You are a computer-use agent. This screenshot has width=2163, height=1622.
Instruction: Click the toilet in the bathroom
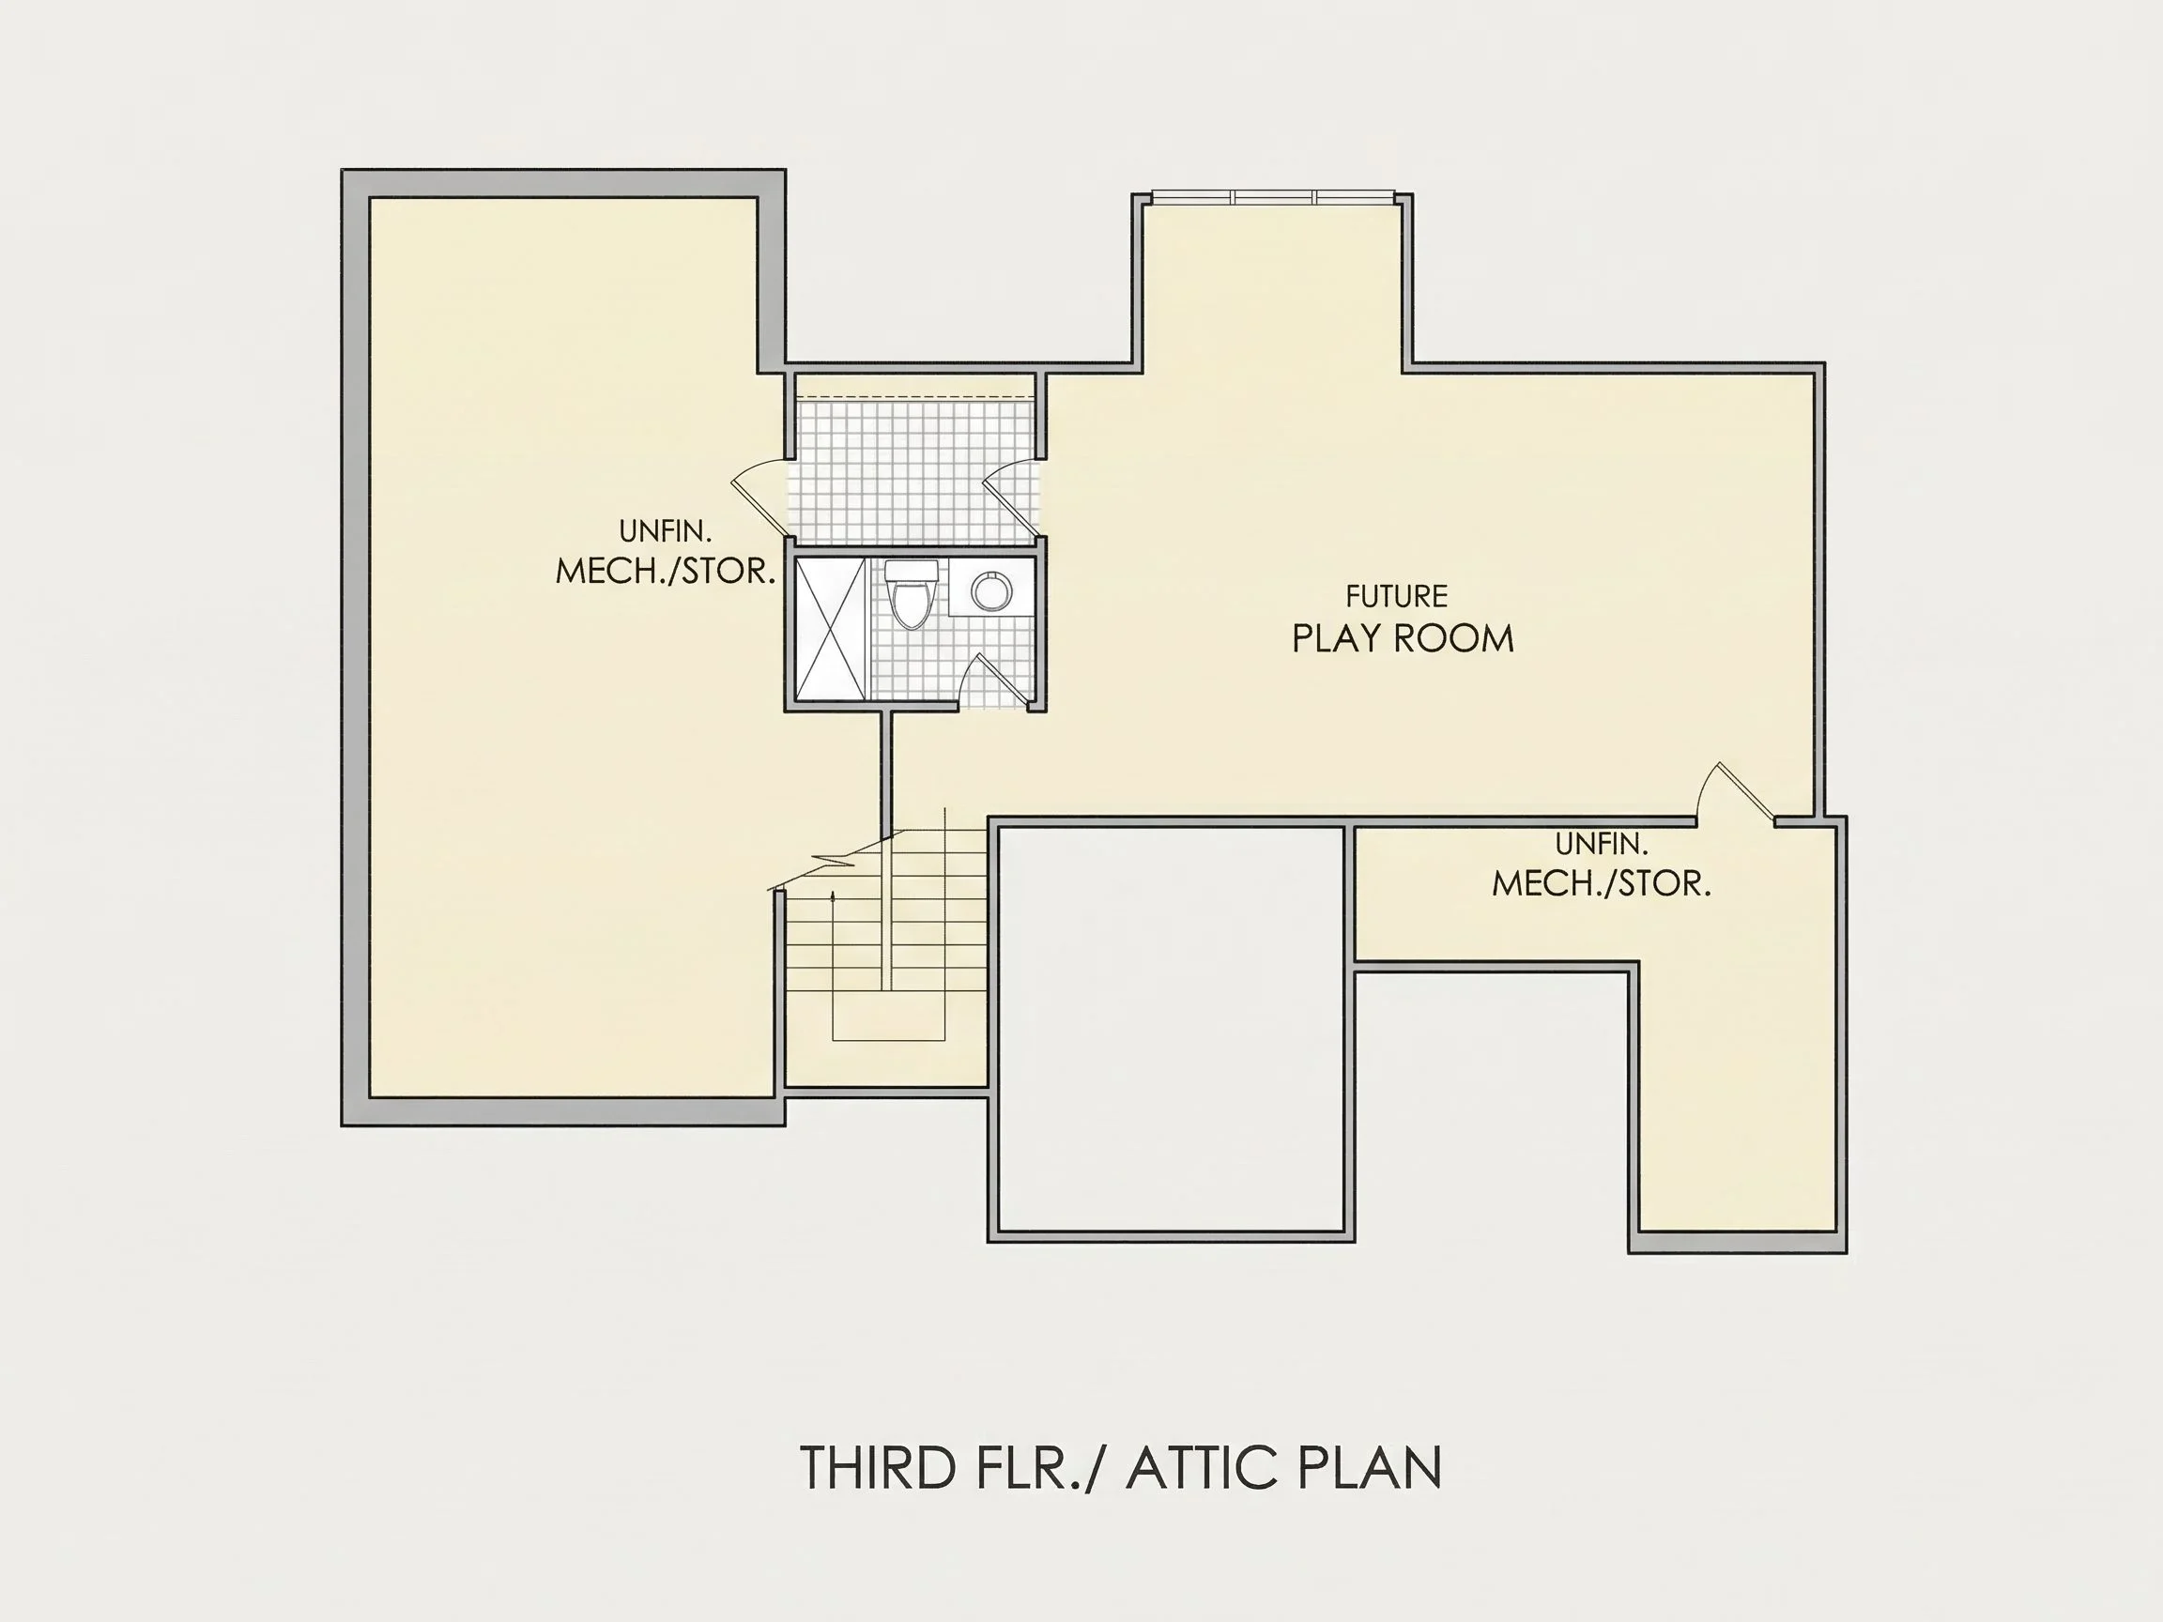[x=912, y=592]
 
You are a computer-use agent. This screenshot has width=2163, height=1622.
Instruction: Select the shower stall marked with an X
[x=830, y=629]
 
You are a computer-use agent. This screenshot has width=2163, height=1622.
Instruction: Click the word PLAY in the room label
[x=1338, y=638]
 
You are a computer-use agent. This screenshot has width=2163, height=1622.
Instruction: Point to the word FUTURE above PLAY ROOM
[x=1396, y=596]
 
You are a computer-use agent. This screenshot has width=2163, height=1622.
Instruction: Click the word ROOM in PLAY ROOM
[x=1454, y=638]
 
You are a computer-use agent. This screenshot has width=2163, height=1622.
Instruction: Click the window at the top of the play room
[x=1272, y=197]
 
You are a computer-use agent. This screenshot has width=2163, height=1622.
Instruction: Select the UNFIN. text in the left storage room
[x=665, y=532]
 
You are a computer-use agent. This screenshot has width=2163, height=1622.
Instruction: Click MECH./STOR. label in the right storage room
[x=1601, y=884]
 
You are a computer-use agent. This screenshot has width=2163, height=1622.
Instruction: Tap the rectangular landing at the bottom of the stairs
[x=888, y=1017]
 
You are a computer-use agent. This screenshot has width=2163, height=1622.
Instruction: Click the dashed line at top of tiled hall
[x=915, y=397]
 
